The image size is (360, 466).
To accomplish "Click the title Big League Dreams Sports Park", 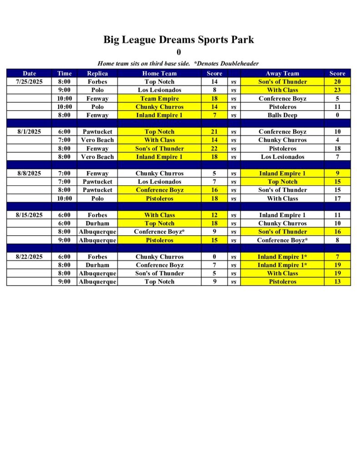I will click(178, 40).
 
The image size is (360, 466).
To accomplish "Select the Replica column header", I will click(97, 73).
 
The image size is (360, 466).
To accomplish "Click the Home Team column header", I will click(159, 73).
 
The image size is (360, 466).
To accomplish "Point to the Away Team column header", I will click(282, 73).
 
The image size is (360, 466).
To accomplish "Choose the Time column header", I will click(65, 73).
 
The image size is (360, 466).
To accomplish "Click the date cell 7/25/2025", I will click(29, 82).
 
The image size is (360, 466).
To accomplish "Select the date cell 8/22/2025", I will click(29, 257).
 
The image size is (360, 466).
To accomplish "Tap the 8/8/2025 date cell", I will click(29, 173).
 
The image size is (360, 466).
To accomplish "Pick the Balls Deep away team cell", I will click(282, 115).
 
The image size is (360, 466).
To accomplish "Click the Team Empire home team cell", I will click(159, 98).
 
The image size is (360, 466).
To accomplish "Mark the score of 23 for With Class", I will click(337, 90).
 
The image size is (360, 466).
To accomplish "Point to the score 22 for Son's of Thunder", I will click(214, 148).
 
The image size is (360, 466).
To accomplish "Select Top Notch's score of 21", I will click(214, 132).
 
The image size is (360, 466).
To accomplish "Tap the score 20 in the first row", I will click(337, 82).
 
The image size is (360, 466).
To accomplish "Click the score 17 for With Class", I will click(337, 198).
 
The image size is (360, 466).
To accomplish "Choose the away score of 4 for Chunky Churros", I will click(337, 140).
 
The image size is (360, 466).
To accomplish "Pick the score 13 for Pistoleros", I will click(337, 282).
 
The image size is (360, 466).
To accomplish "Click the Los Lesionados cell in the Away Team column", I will click(282, 157).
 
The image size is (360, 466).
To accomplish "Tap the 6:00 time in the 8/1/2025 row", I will click(65, 132).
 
